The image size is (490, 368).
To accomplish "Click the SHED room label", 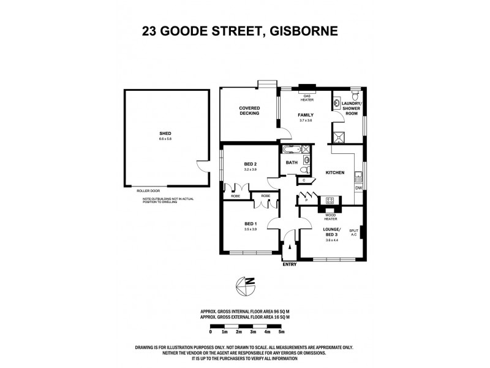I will point(165,134).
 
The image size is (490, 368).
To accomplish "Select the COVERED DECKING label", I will point(249,110).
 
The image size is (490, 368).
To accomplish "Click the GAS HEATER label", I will point(305,99).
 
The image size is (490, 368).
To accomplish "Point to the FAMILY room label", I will point(306,115).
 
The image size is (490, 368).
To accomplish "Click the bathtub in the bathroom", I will point(290,149).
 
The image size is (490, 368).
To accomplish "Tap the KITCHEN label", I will point(334,173).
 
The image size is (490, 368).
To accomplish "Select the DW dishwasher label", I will point(359,189).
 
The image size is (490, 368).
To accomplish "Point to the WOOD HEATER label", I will point(331,217).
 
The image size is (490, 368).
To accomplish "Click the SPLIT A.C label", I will point(353,232).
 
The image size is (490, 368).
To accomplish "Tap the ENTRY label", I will point(289,264).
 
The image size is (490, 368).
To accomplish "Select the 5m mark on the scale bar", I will point(281,332).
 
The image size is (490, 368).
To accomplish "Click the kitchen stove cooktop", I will point(330,201).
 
